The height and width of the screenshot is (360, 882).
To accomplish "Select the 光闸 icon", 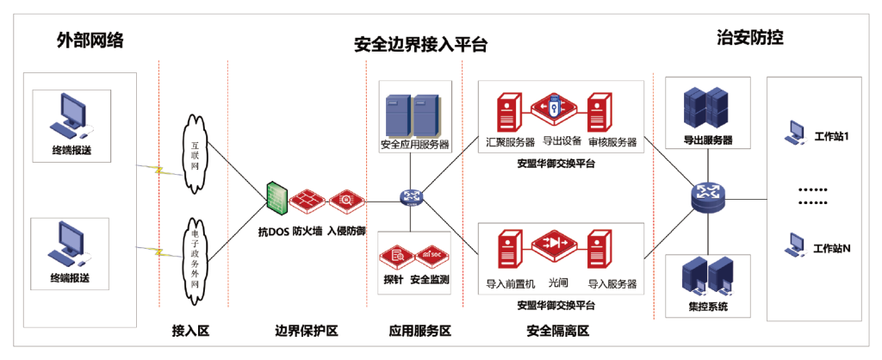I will coord(552,245).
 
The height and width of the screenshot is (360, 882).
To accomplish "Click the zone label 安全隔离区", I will coord(558,331).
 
